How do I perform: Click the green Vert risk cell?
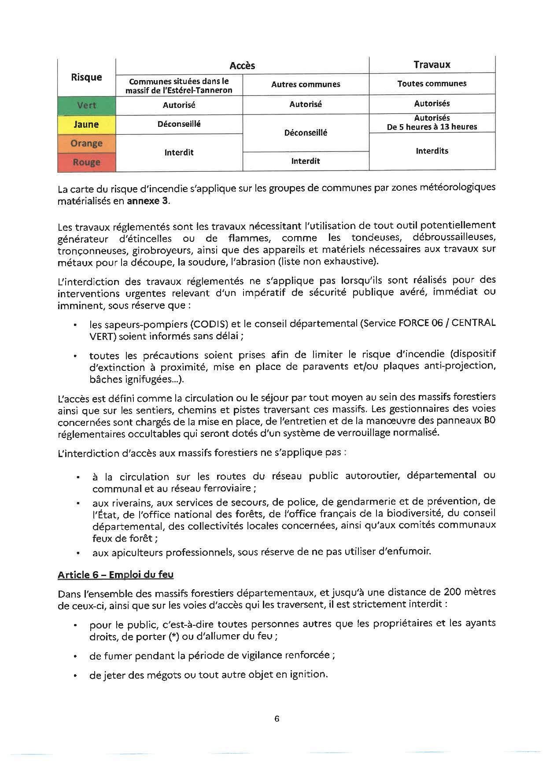[86, 105]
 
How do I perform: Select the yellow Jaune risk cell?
[86, 124]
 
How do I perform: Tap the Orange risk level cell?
[86, 143]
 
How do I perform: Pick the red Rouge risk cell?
[86, 162]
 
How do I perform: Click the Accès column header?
[242, 66]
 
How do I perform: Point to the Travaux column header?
[432, 65]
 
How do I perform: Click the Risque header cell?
[86, 77]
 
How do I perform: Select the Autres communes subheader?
[306, 84]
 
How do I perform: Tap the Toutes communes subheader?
[432, 84]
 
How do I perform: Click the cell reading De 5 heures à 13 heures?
[432, 127]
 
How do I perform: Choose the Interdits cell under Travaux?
[432, 151]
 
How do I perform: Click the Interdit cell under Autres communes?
[306, 161]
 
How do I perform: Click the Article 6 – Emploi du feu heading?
[116, 575]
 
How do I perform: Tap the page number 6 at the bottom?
[277, 719]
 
